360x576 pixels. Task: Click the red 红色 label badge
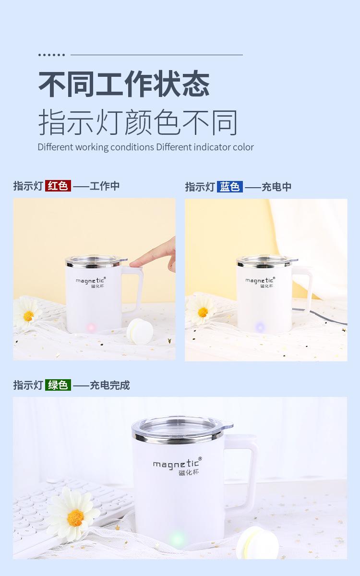[x=58, y=186]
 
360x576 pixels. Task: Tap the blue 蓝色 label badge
[x=229, y=187]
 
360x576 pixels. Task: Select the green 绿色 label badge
[x=58, y=385]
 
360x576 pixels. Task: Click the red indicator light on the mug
[x=91, y=327]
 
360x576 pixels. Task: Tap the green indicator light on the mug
[x=177, y=538]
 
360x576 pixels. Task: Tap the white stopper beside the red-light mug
[x=140, y=331]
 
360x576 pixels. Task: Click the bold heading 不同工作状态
[x=124, y=84]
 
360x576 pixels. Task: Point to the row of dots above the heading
[x=51, y=55]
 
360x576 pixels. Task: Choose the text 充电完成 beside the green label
[x=110, y=385]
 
